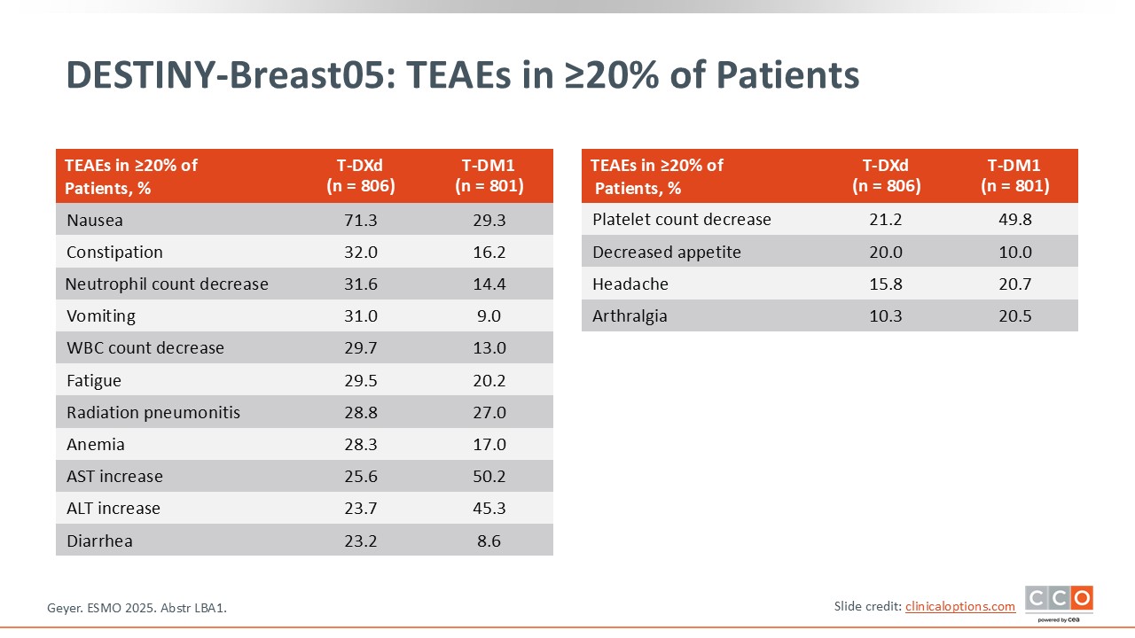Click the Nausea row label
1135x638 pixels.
(x=95, y=221)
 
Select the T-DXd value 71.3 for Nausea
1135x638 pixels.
(x=361, y=221)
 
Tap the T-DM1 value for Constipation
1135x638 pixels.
(x=489, y=253)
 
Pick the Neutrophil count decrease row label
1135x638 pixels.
(x=167, y=284)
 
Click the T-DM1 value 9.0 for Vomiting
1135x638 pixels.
(x=489, y=316)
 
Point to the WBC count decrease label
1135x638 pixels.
(x=145, y=348)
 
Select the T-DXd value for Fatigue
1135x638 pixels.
(x=361, y=380)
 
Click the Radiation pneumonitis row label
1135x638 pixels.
(x=153, y=413)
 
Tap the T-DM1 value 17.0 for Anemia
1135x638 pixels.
(x=489, y=445)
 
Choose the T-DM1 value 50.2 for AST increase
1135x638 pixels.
(x=489, y=477)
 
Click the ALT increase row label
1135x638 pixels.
(x=113, y=509)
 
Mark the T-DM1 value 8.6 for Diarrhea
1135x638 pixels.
(x=489, y=541)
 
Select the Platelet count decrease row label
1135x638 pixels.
(x=682, y=219)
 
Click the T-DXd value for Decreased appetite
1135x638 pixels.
(x=886, y=253)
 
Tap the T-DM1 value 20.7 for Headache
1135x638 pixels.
(x=1015, y=284)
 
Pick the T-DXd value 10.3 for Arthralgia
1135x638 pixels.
(x=886, y=316)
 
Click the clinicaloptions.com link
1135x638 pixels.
(x=960, y=606)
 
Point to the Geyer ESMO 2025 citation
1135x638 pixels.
(x=137, y=608)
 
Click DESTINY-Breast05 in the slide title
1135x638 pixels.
(x=230, y=75)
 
